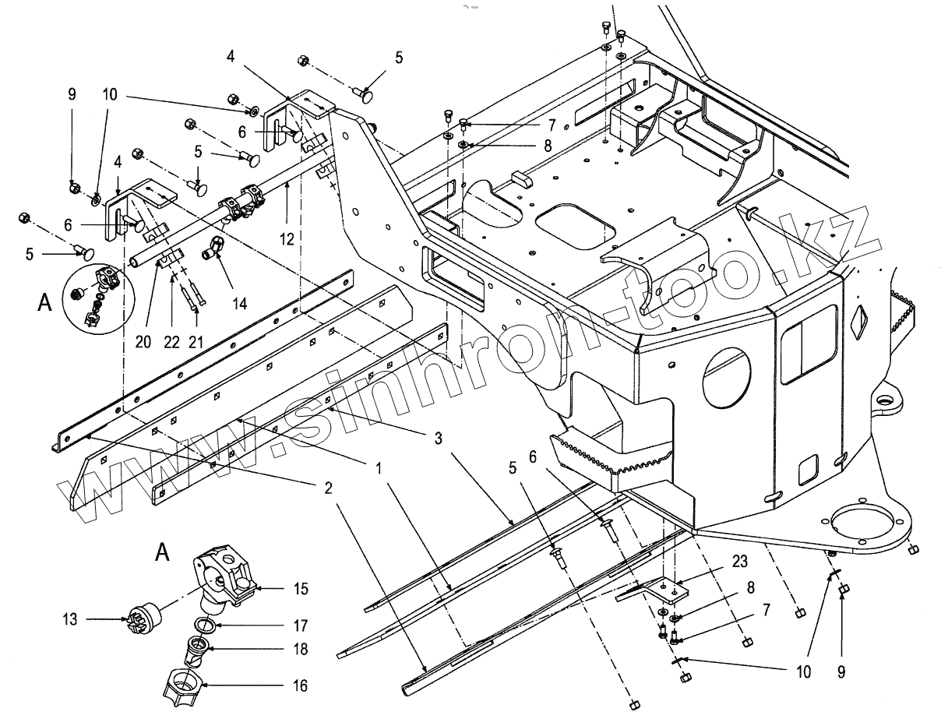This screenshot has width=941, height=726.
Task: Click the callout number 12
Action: pyautogui.click(x=288, y=239)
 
